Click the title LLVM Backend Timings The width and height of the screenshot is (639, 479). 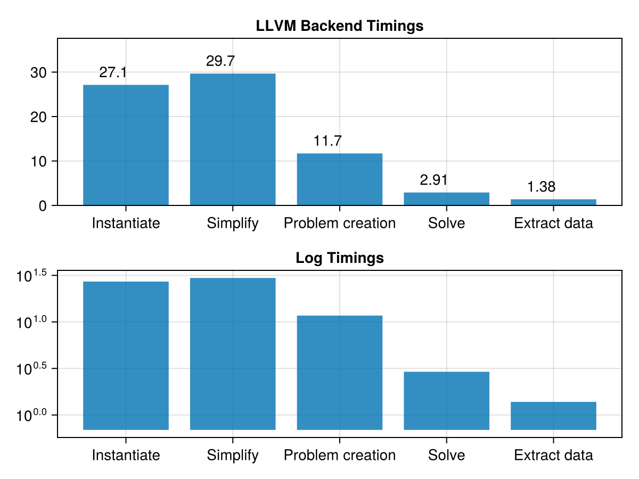pos(340,26)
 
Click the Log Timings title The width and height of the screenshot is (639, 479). pos(340,258)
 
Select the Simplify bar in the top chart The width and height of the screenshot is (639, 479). pos(233,139)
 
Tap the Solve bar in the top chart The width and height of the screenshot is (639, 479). pos(446,199)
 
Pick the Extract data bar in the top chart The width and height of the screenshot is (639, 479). pos(553,202)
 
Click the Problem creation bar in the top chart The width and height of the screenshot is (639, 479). pos(340,179)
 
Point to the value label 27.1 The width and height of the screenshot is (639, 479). pos(113,72)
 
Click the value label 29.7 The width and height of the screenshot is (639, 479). pos(220,61)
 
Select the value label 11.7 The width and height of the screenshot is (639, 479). pos(327,141)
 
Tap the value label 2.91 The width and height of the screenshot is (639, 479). pos(433,180)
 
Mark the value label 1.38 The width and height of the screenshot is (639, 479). pos(542,187)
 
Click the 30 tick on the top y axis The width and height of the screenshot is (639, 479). pos(38,72)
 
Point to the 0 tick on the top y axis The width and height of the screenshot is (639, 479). pos(43,206)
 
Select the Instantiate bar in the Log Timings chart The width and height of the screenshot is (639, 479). pos(126,355)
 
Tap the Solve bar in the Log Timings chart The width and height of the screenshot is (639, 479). pos(446,400)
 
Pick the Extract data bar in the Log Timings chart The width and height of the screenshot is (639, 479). pos(553,415)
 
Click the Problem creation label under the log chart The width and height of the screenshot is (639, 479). pos(340,456)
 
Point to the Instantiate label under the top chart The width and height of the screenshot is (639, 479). pos(126,223)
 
